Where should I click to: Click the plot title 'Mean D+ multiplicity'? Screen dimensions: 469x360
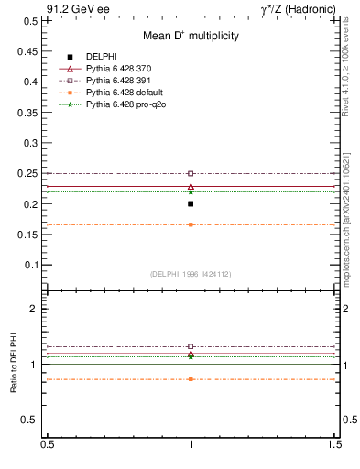click(191, 36)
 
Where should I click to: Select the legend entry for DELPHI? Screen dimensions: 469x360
click(101, 57)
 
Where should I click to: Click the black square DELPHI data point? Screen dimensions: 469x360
click(191, 203)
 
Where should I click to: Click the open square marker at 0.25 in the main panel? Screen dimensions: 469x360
click(191, 173)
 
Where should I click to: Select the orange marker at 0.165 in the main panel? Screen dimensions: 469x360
click(191, 224)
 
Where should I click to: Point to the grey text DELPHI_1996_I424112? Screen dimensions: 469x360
click(191, 274)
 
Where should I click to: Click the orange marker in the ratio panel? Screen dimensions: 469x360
click(191, 378)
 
